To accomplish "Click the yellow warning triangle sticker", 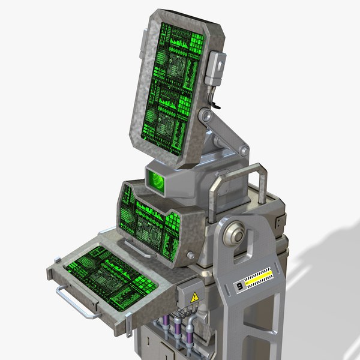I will click(x=194, y=298).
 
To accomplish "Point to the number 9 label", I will click(x=240, y=286).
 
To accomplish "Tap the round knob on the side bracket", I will click(x=236, y=235).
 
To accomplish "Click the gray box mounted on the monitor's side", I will click(x=216, y=70).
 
